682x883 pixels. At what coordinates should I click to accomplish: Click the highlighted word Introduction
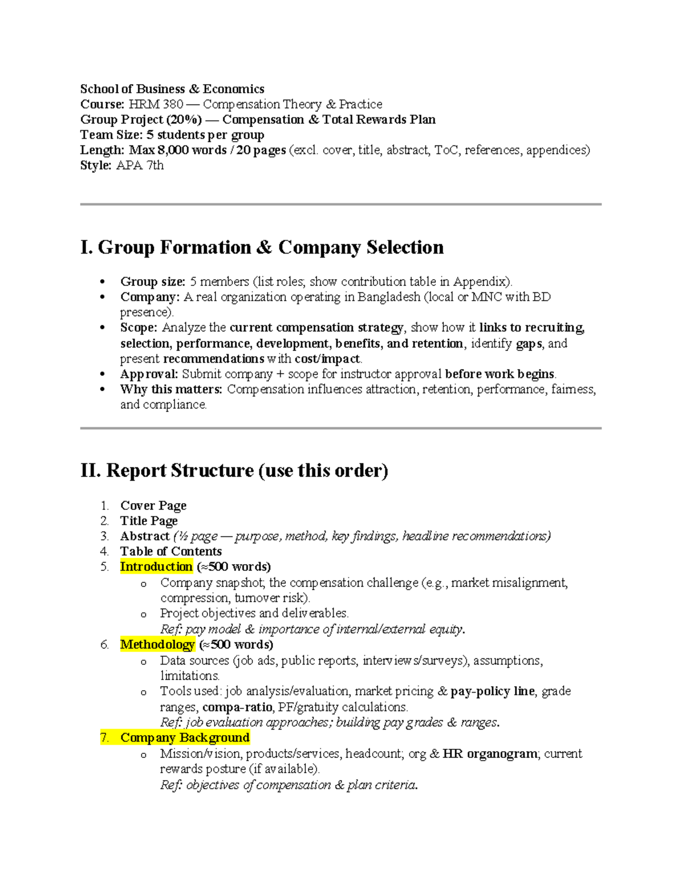tap(156, 567)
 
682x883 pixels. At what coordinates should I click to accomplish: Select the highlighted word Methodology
tap(157, 645)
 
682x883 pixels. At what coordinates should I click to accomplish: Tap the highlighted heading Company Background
tap(185, 738)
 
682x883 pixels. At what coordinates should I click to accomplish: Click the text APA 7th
tap(140, 165)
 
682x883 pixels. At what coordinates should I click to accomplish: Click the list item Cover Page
tap(153, 506)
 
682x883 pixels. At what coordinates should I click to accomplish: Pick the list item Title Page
tap(149, 521)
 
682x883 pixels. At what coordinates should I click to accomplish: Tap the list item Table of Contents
tap(171, 552)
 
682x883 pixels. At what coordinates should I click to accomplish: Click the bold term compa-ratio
tap(237, 707)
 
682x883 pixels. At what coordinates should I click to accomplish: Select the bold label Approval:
tap(149, 374)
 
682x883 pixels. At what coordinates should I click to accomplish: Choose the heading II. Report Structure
tap(234, 471)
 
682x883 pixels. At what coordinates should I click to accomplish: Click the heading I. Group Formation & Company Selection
tap(262, 247)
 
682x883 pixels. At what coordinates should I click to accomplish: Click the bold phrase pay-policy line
tap(492, 691)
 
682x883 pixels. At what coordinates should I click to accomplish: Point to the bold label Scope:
tap(139, 328)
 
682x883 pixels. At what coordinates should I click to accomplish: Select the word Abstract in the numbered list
tap(145, 536)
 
